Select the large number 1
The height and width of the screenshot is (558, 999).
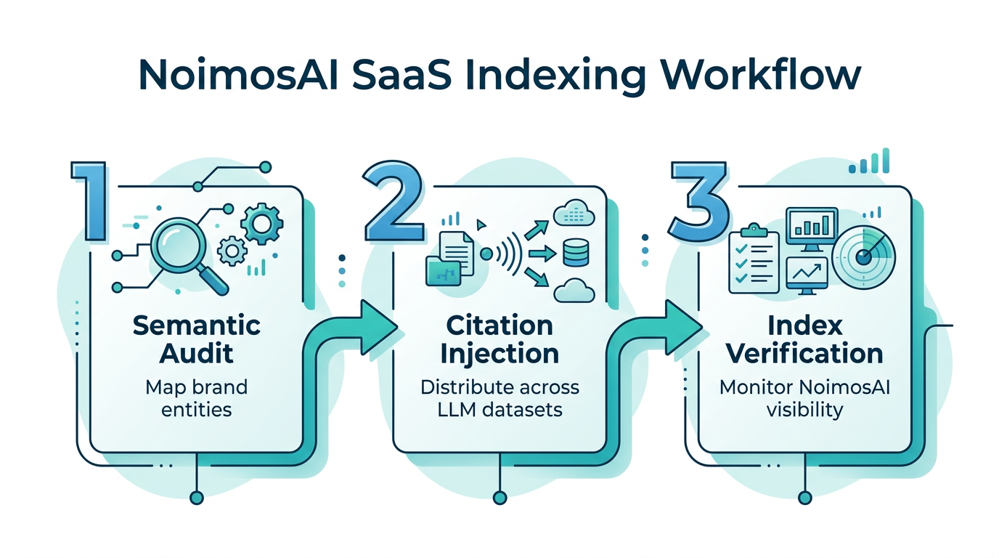93,201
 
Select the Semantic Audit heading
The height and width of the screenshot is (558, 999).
197,339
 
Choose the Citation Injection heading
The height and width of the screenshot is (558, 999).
500,339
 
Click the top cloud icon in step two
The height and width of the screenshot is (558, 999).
574,215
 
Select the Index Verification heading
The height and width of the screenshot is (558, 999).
804,339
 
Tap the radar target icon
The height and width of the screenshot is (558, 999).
863,257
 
